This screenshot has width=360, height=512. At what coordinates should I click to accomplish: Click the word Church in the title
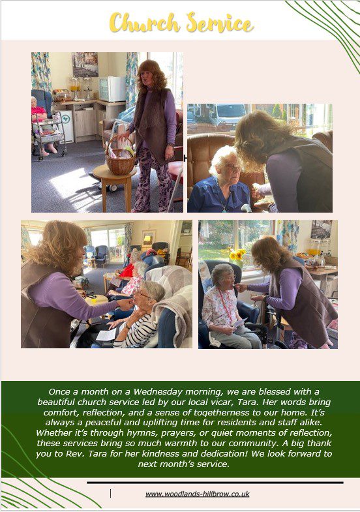click(144, 23)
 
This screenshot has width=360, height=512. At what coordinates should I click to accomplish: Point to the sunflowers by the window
click(238, 254)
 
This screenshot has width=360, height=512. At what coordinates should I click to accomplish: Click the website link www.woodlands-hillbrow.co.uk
click(198, 494)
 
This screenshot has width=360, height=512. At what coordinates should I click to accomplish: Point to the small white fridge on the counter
click(112, 89)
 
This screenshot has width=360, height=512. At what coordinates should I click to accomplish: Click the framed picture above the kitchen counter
click(85, 65)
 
